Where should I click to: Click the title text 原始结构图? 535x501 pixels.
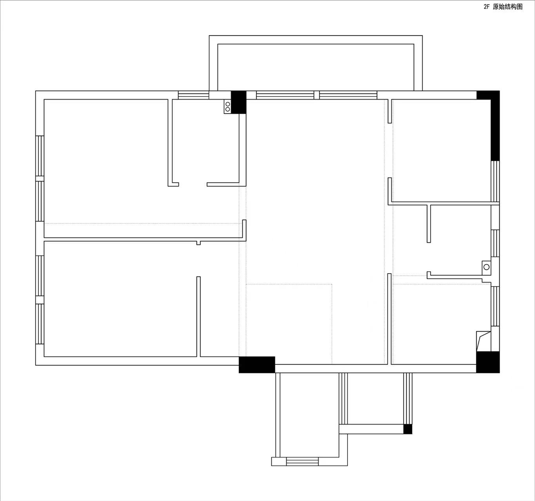coord(508,7)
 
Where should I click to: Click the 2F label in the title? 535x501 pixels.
coord(486,7)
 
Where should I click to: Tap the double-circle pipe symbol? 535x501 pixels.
coord(227,107)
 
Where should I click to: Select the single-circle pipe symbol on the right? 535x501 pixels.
coord(486,267)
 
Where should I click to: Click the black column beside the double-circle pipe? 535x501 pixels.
coord(239,102)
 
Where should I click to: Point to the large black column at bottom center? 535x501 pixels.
coord(257,365)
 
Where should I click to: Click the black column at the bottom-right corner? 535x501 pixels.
coord(488,362)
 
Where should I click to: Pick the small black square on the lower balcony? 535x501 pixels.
coord(408,429)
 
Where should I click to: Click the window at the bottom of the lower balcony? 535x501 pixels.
coord(302,461)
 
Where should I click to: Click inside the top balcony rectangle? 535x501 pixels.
coord(316,67)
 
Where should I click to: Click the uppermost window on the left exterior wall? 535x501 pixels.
coord(40,156)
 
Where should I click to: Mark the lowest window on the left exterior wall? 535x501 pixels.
coord(40,324)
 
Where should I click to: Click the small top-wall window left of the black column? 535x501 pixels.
coord(193,95)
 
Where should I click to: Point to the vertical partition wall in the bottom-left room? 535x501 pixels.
coord(198,316)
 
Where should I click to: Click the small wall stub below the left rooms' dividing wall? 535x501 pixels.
coord(198,243)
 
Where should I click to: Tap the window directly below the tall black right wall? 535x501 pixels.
coord(495,181)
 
